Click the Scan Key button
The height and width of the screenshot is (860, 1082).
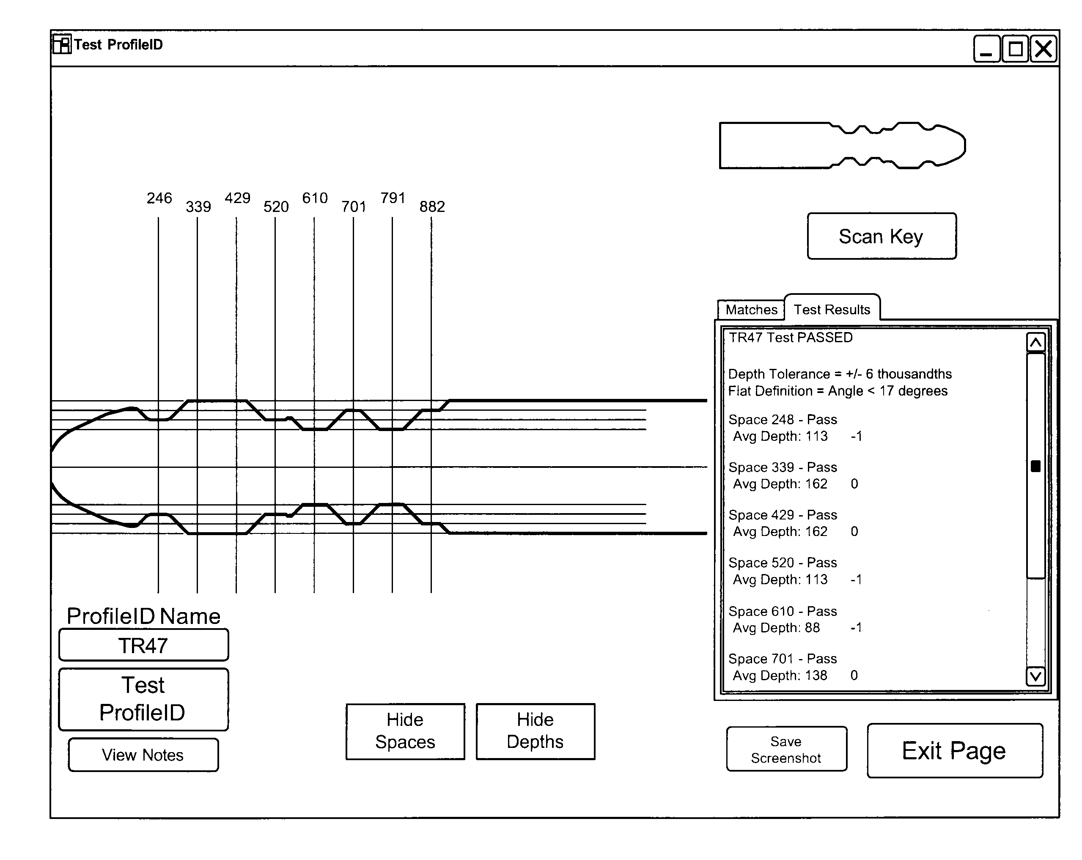tap(881, 236)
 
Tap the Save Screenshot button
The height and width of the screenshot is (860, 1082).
tap(786, 749)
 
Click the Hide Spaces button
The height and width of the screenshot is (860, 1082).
tap(405, 731)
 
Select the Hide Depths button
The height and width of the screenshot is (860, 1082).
tap(535, 731)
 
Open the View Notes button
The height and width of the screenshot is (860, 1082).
tap(143, 755)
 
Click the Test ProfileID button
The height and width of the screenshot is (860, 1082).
tap(143, 699)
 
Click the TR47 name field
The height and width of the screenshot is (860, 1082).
tap(143, 645)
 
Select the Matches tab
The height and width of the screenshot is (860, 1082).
tap(751, 310)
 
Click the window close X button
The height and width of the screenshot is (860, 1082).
tap(1044, 49)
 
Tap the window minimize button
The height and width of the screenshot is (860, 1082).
tap(986, 49)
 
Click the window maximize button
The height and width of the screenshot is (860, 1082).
tap(1015, 49)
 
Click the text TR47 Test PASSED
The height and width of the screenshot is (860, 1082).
tap(791, 338)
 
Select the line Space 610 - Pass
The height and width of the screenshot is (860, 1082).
tap(783, 611)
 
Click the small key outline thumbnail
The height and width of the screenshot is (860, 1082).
tap(842, 146)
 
